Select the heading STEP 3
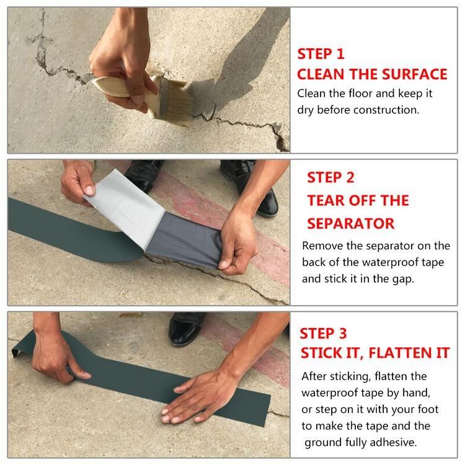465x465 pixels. (324, 334)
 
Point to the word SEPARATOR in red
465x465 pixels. (351, 223)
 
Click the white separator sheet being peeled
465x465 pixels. (124, 198)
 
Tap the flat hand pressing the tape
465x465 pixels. (198, 397)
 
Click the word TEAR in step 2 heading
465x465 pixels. (328, 200)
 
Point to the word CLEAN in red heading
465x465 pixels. (321, 74)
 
